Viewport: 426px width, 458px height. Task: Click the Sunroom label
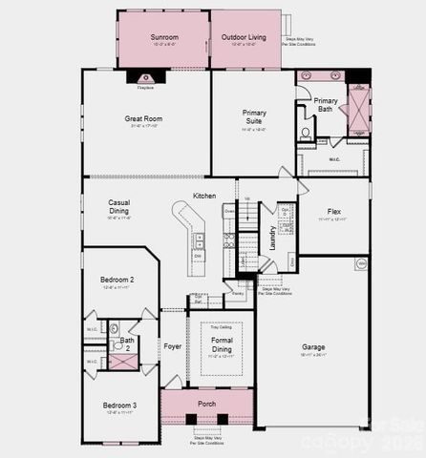tap(163, 37)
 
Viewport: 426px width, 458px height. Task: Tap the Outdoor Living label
tap(245, 37)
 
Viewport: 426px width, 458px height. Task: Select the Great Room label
tap(145, 119)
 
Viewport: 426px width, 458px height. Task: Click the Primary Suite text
tap(254, 116)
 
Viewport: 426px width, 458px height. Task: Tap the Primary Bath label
tap(326, 104)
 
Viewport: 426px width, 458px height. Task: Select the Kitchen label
tap(204, 196)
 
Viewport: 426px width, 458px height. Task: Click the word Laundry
tap(273, 238)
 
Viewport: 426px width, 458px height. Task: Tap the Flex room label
tap(334, 211)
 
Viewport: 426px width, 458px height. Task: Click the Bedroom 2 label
tap(117, 280)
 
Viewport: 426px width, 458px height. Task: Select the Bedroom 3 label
tap(120, 405)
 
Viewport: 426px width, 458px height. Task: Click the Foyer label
tap(172, 345)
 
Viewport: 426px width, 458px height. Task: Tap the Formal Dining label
tap(222, 344)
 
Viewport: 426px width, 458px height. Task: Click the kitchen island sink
tap(198, 239)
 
